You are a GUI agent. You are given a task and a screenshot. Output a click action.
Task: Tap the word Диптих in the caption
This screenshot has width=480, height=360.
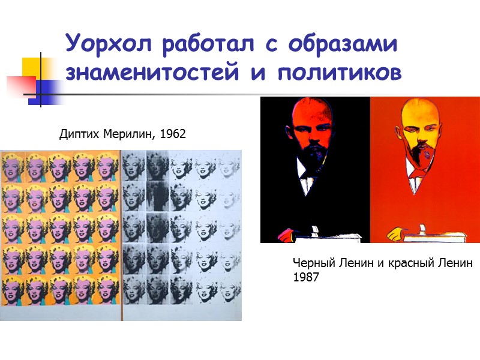click(76, 134)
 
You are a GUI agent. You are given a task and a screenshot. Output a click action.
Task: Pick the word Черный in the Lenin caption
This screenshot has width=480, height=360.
click(311, 263)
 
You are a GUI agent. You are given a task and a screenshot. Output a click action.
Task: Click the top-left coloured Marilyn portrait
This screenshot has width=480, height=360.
click(13, 166)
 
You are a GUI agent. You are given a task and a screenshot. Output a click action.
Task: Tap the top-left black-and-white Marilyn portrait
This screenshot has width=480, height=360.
click(133, 166)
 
